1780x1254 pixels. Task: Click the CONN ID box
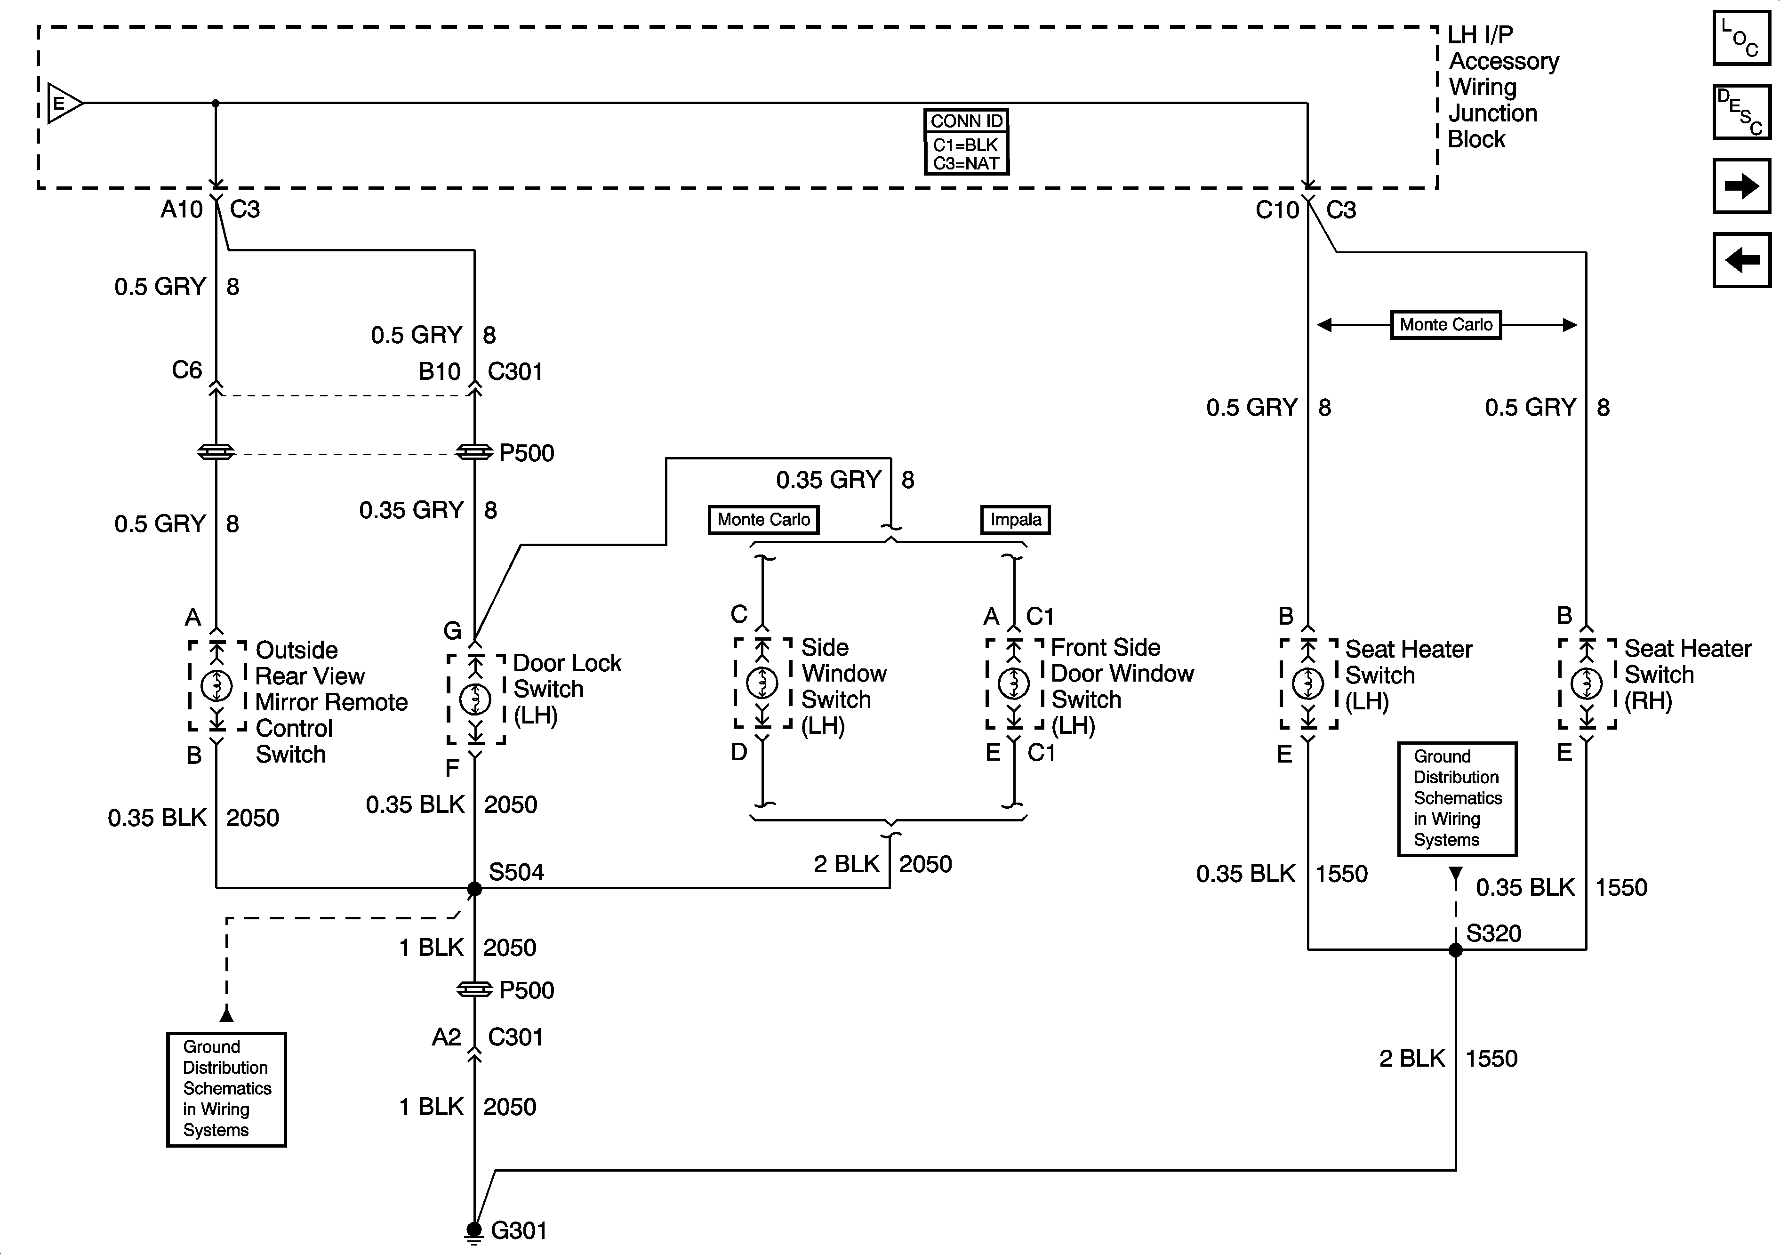pos(966,142)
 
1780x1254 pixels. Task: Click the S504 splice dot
pos(474,889)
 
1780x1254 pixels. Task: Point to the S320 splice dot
pos(1455,950)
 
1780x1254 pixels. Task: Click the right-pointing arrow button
pos(1741,186)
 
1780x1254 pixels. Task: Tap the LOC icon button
pos(1741,38)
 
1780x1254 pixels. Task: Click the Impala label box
pos(1016,520)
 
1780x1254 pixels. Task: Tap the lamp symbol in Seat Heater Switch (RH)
pos(1586,683)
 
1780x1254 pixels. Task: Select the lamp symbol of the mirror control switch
pos(216,685)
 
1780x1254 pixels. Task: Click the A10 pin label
pos(181,209)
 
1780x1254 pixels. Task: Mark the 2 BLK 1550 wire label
pos(1447,1059)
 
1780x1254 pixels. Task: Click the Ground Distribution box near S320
pos(1457,799)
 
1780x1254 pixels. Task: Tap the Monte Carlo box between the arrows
pos(1446,325)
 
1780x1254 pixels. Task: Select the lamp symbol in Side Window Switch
pos(763,683)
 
